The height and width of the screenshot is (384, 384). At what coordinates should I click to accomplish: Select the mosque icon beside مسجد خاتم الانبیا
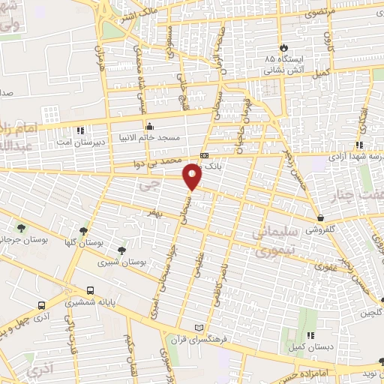(150, 126)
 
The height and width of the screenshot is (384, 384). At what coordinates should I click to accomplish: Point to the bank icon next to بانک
(204, 155)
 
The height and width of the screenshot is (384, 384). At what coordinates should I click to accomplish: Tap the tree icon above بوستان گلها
(83, 231)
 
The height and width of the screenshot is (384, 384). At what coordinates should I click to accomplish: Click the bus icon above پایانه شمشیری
(90, 289)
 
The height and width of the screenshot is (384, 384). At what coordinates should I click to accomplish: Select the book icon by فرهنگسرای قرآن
(199, 328)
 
